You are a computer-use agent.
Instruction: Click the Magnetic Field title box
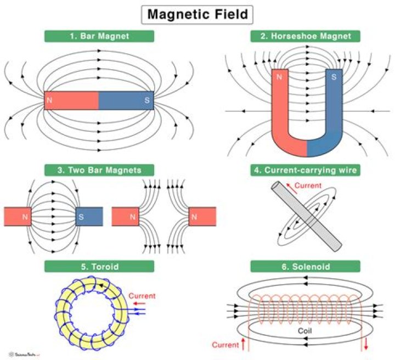pos(198,14)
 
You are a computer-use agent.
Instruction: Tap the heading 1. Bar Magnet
pos(99,37)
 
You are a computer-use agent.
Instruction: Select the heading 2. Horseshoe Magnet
pos(305,37)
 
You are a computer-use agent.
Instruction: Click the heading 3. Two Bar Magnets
pos(99,170)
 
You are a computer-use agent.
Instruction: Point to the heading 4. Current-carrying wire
pos(305,170)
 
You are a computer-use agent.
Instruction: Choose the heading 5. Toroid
pos(99,267)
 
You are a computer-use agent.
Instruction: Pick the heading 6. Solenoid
pos(305,267)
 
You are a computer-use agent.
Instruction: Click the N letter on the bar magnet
pos(50,100)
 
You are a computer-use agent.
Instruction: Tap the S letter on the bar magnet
pos(146,100)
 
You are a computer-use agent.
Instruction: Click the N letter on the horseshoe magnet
pos(279,77)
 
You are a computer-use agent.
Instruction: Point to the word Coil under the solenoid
pos(305,331)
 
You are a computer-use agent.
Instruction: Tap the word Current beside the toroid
pos(142,296)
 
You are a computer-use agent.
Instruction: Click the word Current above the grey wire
pos(308,186)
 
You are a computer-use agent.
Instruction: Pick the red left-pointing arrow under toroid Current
pos(138,303)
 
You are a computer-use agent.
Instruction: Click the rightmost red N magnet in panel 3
pos(201,217)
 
